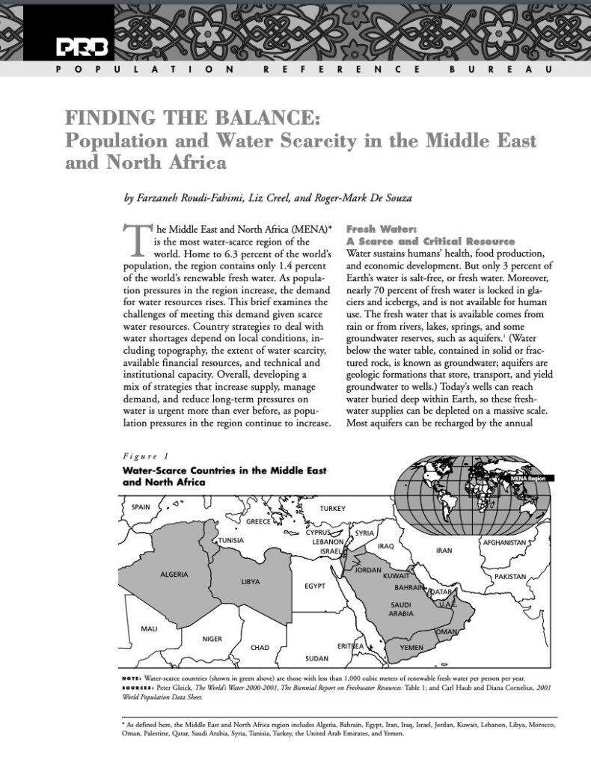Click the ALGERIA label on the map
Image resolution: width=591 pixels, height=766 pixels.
[x=174, y=574]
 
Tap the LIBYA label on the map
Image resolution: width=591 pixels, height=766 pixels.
[x=251, y=581]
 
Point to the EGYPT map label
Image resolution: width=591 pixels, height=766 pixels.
[x=315, y=586]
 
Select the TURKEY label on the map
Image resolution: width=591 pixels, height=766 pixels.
[x=333, y=509]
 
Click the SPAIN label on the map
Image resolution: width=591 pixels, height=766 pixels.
[x=141, y=506]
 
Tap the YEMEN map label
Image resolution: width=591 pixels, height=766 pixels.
[x=412, y=645]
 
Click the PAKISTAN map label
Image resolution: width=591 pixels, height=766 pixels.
[x=510, y=577]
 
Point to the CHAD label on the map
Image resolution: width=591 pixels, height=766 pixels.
[x=260, y=647]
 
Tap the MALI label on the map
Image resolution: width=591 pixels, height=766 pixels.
[x=149, y=628]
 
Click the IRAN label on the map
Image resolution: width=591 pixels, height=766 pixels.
[x=444, y=551]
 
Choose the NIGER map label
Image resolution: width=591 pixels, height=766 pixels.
[x=213, y=638]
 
